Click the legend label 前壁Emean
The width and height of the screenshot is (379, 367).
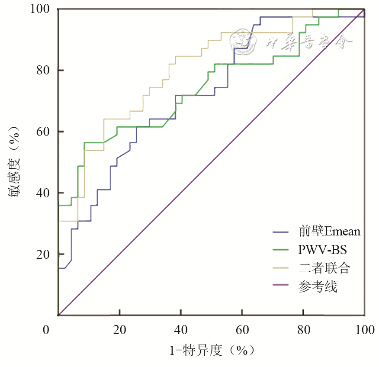point(329,232)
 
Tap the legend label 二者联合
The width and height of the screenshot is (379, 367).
point(324,268)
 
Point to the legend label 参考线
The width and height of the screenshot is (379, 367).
point(318,287)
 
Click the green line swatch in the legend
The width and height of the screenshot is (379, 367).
point(283,250)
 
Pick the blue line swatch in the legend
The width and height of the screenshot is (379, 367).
point(283,232)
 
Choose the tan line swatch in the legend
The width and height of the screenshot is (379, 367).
point(283,268)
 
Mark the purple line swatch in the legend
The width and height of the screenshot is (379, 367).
point(283,287)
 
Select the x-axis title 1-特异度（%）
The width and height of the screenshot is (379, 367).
point(212,350)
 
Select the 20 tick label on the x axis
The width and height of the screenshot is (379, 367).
point(120,330)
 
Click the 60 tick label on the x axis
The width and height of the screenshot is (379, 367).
point(242,330)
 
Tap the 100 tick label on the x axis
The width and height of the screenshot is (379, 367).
point(364,330)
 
